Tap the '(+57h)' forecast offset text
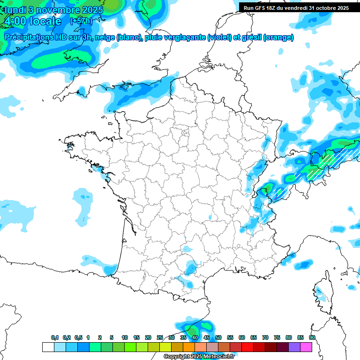click(x=81, y=21)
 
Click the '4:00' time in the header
click(x=14, y=21)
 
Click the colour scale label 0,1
click(x=55, y=337)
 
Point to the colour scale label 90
click(x=312, y=337)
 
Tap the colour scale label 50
click(x=218, y=337)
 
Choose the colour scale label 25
click(x=160, y=337)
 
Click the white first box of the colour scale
click(x=48, y=347)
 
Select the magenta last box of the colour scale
click(x=306, y=347)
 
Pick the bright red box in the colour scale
click(x=247, y=347)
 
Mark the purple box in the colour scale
click(x=294, y=347)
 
